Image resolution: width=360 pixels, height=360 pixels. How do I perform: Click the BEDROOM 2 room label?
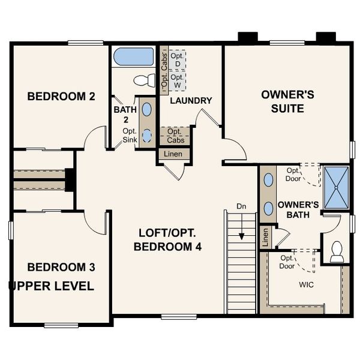(61, 96)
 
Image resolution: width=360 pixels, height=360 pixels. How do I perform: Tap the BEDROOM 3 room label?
(61, 266)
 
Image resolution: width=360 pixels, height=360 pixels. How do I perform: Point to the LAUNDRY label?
(191, 100)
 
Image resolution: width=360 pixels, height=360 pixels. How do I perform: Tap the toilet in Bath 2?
(144, 80)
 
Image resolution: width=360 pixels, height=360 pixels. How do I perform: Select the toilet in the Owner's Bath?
(337, 251)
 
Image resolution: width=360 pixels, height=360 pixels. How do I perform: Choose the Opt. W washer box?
(177, 81)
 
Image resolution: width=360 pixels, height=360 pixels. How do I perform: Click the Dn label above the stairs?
(241, 206)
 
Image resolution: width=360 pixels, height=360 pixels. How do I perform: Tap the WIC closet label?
(307, 284)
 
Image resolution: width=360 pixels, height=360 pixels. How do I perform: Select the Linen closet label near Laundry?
(174, 154)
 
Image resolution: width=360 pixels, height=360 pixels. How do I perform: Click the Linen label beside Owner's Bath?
(265, 238)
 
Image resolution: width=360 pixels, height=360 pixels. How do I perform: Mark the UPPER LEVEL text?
(51, 286)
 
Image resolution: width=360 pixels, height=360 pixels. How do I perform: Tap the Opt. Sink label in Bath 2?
(129, 136)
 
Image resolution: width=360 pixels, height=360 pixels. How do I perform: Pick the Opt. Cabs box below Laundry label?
(175, 136)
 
